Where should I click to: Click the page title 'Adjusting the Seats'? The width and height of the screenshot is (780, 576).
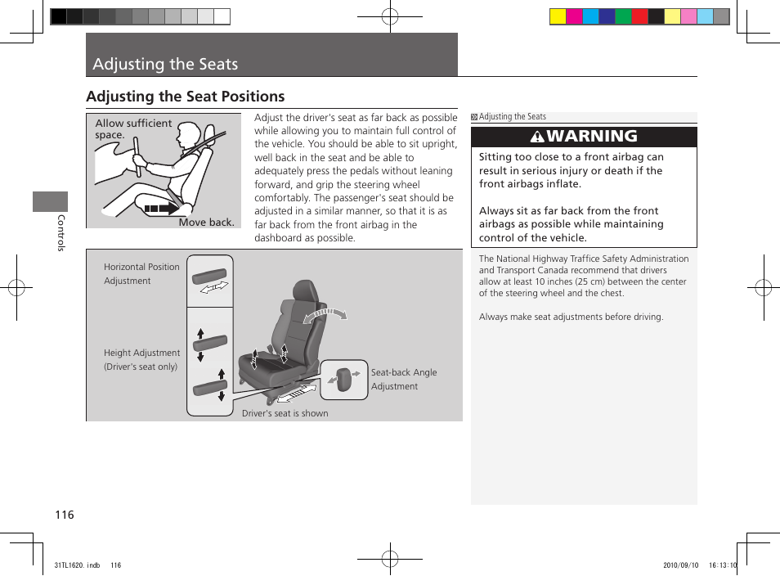[166, 64]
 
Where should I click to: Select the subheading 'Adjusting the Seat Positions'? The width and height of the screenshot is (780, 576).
[186, 97]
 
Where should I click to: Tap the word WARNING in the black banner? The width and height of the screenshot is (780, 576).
[592, 137]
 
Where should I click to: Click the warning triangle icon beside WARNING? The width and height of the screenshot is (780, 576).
[537, 137]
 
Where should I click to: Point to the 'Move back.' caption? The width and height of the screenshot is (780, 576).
[206, 222]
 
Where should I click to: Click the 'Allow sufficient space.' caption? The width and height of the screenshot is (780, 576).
[132, 128]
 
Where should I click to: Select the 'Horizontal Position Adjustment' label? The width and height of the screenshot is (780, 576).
[141, 273]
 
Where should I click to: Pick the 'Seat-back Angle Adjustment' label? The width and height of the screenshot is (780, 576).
[404, 379]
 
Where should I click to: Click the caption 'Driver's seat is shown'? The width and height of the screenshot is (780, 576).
[285, 413]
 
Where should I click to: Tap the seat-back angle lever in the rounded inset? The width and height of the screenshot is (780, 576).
[343, 378]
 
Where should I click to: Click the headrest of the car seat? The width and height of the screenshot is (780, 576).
[303, 290]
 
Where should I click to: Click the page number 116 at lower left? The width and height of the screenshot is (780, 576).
[65, 515]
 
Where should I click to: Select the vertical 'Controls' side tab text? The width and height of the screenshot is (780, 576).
[61, 233]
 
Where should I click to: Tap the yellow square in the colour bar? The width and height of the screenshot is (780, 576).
[558, 16]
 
